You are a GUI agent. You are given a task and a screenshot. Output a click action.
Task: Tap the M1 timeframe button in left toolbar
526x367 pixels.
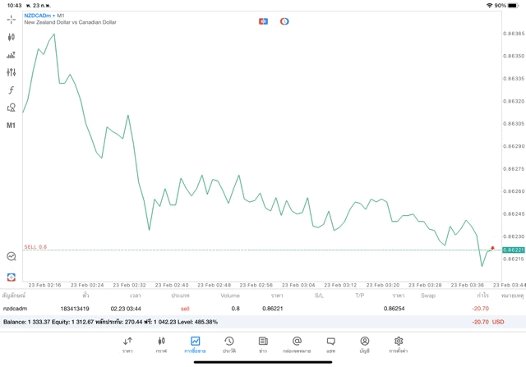pos(11,126)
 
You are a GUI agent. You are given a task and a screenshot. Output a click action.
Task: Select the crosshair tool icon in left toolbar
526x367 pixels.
pos(11,19)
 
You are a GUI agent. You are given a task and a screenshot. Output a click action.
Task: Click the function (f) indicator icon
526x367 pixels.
pos(11,90)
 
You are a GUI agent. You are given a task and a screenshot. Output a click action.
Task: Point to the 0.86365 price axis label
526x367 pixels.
pos(514,34)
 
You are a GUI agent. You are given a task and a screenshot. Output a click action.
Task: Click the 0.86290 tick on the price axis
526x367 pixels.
pos(514,146)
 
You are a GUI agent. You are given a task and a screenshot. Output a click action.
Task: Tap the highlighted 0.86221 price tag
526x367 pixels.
pos(514,250)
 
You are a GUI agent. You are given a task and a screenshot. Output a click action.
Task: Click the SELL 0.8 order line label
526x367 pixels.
pos(35,246)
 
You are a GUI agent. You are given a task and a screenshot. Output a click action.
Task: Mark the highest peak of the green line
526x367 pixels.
pos(54,34)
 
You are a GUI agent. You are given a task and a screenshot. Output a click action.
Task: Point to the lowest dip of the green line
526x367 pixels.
pos(482,266)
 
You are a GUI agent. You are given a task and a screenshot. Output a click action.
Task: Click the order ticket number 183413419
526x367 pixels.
pos(74,309)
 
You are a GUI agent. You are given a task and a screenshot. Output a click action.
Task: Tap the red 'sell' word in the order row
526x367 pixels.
pos(185,309)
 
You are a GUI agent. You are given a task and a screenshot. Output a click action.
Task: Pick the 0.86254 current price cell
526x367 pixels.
pos(394,309)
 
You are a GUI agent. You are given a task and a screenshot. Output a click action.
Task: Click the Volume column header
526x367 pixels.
pos(230,296)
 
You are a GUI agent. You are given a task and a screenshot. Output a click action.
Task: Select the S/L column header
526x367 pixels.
pos(319,296)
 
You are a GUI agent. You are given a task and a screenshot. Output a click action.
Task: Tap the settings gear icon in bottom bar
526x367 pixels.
pos(399,344)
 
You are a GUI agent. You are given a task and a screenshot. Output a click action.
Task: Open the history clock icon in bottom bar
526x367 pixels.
pos(228,344)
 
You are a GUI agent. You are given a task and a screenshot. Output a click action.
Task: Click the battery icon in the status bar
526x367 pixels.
pos(514,5)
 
